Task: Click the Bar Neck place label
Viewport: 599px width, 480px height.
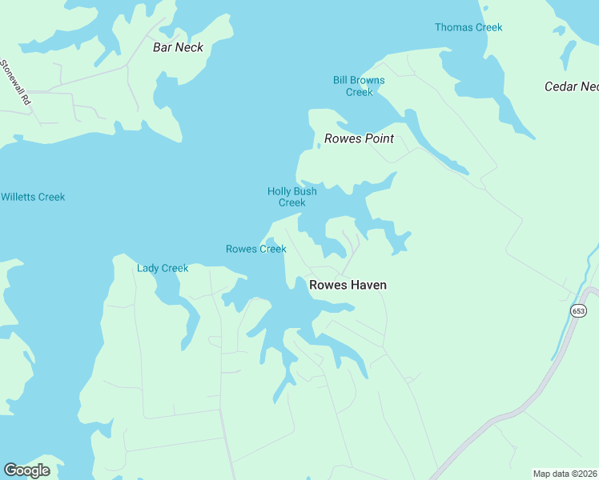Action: pyautogui.click(x=178, y=47)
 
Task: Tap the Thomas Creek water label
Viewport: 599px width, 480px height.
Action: pyautogui.click(x=468, y=27)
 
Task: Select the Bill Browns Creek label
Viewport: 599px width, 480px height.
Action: pyautogui.click(x=359, y=86)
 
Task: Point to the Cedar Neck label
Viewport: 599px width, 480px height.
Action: pyautogui.click(x=571, y=86)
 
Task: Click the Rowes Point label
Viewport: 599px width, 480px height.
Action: pyautogui.click(x=359, y=138)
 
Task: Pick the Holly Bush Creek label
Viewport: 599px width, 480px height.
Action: pyautogui.click(x=291, y=197)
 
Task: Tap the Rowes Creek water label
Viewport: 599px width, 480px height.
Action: pyautogui.click(x=255, y=249)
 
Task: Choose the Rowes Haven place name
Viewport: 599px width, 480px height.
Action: pyautogui.click(x=348, y=285)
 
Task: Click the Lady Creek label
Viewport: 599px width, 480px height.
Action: pyautogui.click(x=163, y=268)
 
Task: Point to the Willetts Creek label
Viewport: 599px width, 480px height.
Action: pyautogui.click(x=33, y=197)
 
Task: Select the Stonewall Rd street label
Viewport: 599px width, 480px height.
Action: pyautogui.click(x=15, y=82)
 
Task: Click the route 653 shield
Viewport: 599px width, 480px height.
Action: pyautogui.click(x=577, y=310)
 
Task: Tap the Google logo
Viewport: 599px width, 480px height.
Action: pyautogui.click(x=26, y=470)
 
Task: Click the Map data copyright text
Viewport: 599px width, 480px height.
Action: pyautogui.click(x=565, y=474)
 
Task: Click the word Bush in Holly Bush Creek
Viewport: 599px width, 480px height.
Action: pyautogui.click(x=304, y=191)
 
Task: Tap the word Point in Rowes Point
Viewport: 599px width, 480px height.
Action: pyautogui.click(x=380, y=138)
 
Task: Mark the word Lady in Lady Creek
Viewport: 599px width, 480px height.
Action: pyautogui.click(x=148, y=268)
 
